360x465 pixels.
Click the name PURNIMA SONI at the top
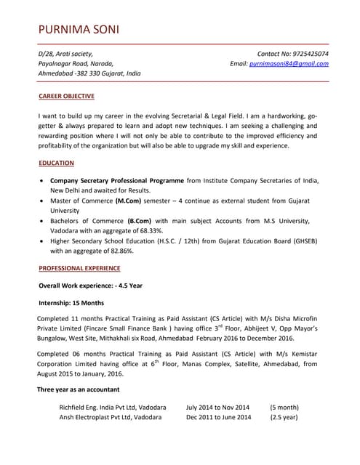click(79, 30)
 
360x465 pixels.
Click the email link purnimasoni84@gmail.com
click(289, 64)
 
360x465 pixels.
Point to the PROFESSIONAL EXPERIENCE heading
click(79, 268)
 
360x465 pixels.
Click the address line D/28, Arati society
click(65, 54)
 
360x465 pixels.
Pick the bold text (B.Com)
click(137, 220)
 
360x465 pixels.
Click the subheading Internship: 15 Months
click(71, 302)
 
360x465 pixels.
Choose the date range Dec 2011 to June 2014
click(218, 418)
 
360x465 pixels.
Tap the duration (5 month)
click(284, 408)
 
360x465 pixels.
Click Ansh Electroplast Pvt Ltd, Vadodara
click(111, 418)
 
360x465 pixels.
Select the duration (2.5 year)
click(284, 418)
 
